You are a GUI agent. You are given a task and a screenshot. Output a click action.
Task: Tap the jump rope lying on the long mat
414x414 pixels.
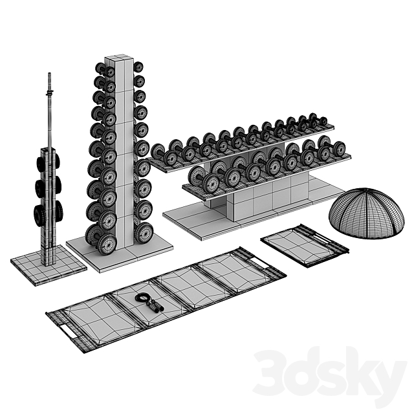coord(149,301)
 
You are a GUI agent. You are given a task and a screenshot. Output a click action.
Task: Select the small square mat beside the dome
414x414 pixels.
coord(303,245)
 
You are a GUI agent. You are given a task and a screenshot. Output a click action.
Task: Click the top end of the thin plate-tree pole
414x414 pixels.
coord(50,76)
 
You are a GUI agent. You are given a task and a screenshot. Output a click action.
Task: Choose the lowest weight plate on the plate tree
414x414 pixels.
coord(39,214)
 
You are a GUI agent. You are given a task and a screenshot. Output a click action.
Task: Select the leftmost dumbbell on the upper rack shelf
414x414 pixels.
coord(158,152)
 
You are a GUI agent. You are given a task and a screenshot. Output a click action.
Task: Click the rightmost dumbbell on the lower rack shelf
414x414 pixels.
coord(338,149)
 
